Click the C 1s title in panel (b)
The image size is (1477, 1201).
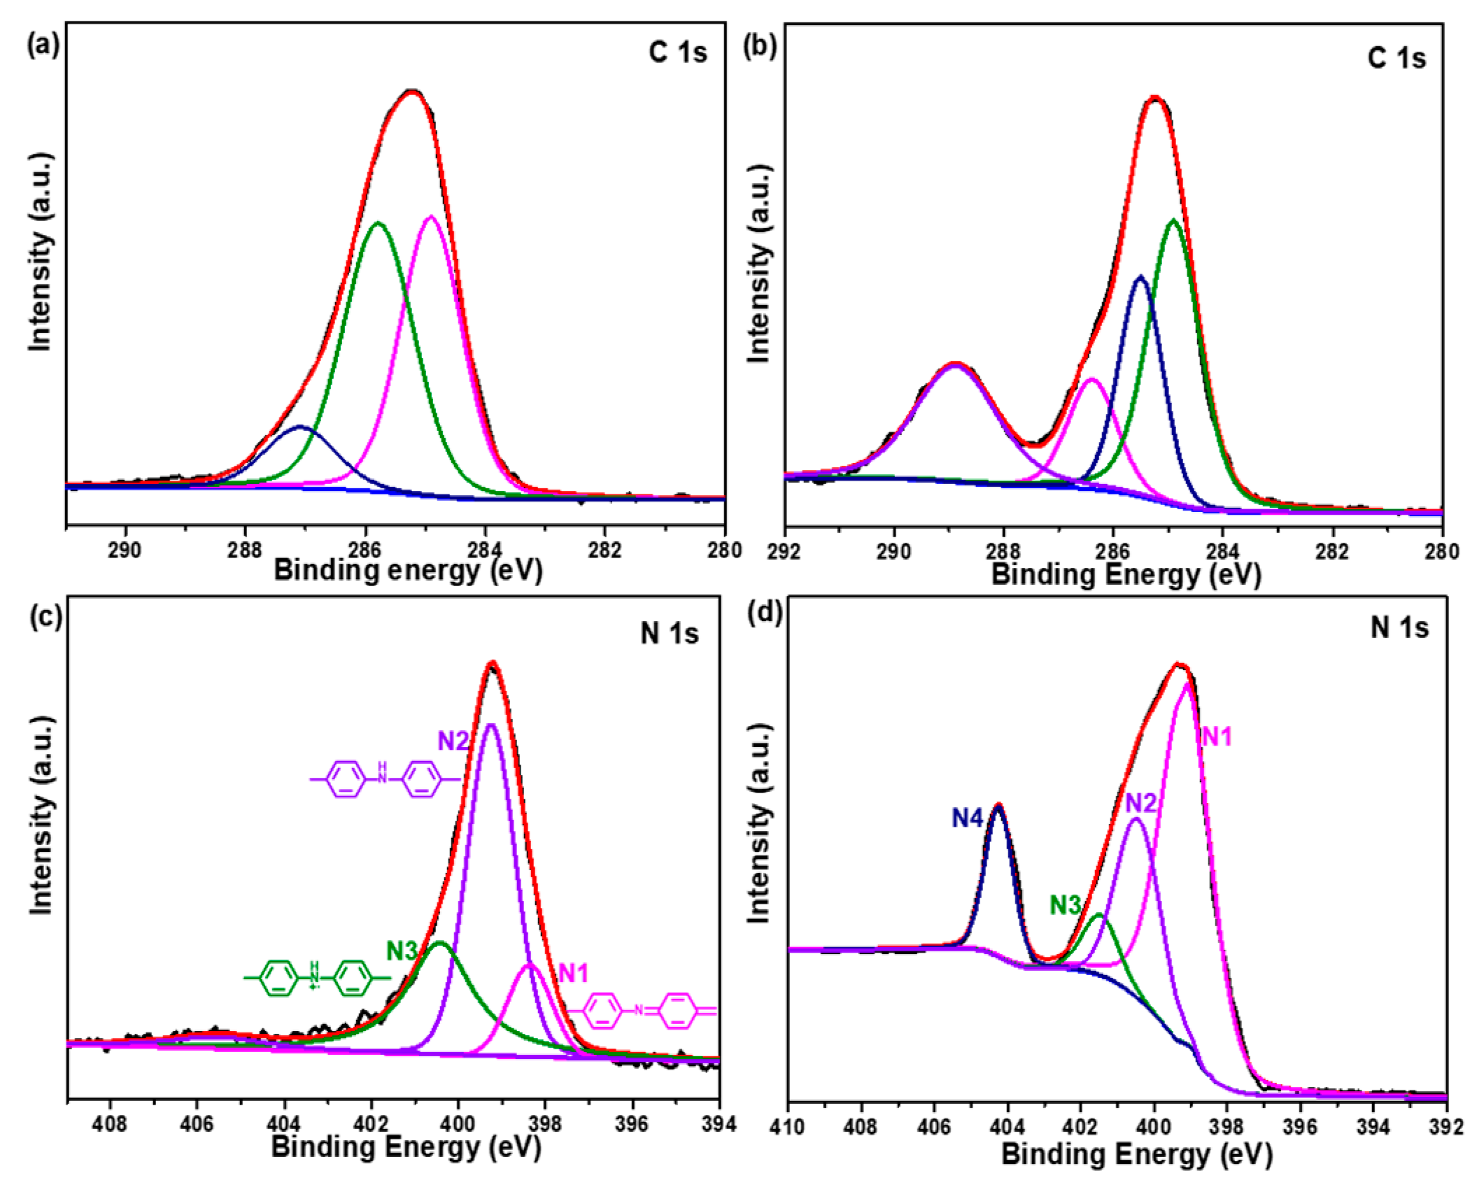[1396, 58]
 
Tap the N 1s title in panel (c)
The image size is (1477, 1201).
[669, 632]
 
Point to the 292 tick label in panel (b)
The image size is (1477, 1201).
[784, 552]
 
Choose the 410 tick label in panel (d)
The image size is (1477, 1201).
[789, 1128]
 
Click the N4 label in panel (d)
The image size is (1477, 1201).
[967, 818]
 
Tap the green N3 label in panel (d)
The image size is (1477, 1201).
[1065, 905]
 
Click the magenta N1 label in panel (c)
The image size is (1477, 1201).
[573, 972]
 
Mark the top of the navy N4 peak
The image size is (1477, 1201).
[998, 806]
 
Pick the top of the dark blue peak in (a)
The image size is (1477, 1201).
[300, 426]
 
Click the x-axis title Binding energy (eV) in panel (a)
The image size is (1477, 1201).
[408, 570]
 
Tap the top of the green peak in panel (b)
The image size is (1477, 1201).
[1173, 220]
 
